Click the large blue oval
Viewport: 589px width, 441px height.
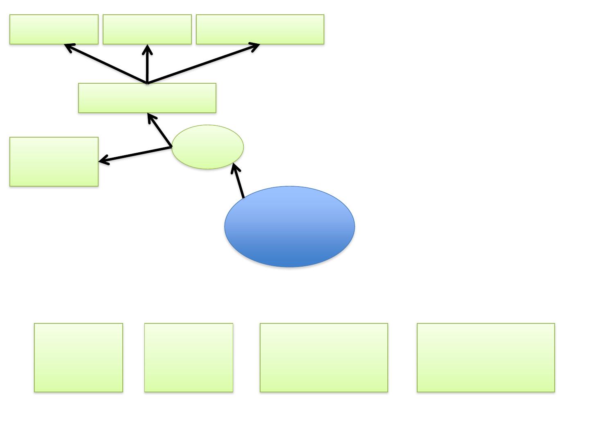[x=290, y=227]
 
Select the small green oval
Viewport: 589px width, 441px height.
[x=207, y=147]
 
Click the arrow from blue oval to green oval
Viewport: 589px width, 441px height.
[x=238, y=182]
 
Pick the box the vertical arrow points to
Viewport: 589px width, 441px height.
[x=147, y=29]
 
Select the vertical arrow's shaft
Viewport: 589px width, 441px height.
[x=147, y=65]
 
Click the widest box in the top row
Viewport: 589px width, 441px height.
[x=260, y=29]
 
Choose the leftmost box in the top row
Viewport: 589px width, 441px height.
[x=54, y=29]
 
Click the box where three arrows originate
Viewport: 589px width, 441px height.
[x=147, y=98]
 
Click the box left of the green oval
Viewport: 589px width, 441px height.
[x=54, y=162]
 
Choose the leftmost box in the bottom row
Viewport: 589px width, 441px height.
[x=79, y=358]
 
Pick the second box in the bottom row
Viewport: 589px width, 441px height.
[x=189, y=358]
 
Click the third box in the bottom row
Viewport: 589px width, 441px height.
[x=324, y=358]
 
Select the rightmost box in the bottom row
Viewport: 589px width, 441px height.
[x=486, y=358]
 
